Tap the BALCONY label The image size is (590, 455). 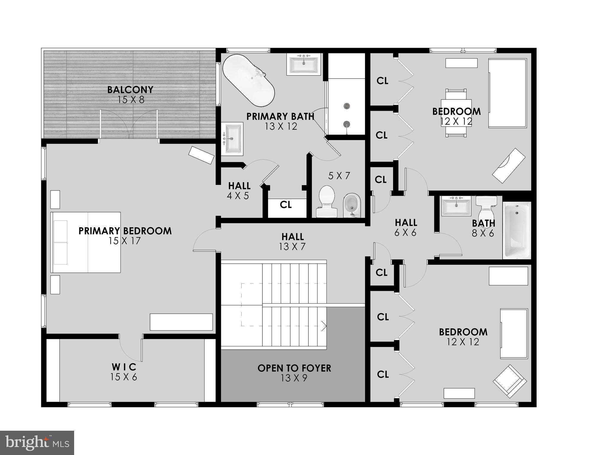point(130,89)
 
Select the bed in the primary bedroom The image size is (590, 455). point(86,242)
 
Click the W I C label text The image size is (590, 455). point(124,367)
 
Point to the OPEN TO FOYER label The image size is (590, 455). point(294,368)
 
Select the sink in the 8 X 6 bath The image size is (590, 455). point(456,206)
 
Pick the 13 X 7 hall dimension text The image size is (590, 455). point(292,247)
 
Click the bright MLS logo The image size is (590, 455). point(37,443)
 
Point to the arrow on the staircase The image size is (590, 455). point(324,327)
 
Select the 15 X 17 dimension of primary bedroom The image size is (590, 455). point(124,241)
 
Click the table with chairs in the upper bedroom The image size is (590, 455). point(456,113)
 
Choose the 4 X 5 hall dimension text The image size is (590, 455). point(238,196)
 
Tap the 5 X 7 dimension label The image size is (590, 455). point(339,176)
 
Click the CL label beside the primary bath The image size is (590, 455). point(286,205)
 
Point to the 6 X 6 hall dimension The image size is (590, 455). point(405,233)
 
